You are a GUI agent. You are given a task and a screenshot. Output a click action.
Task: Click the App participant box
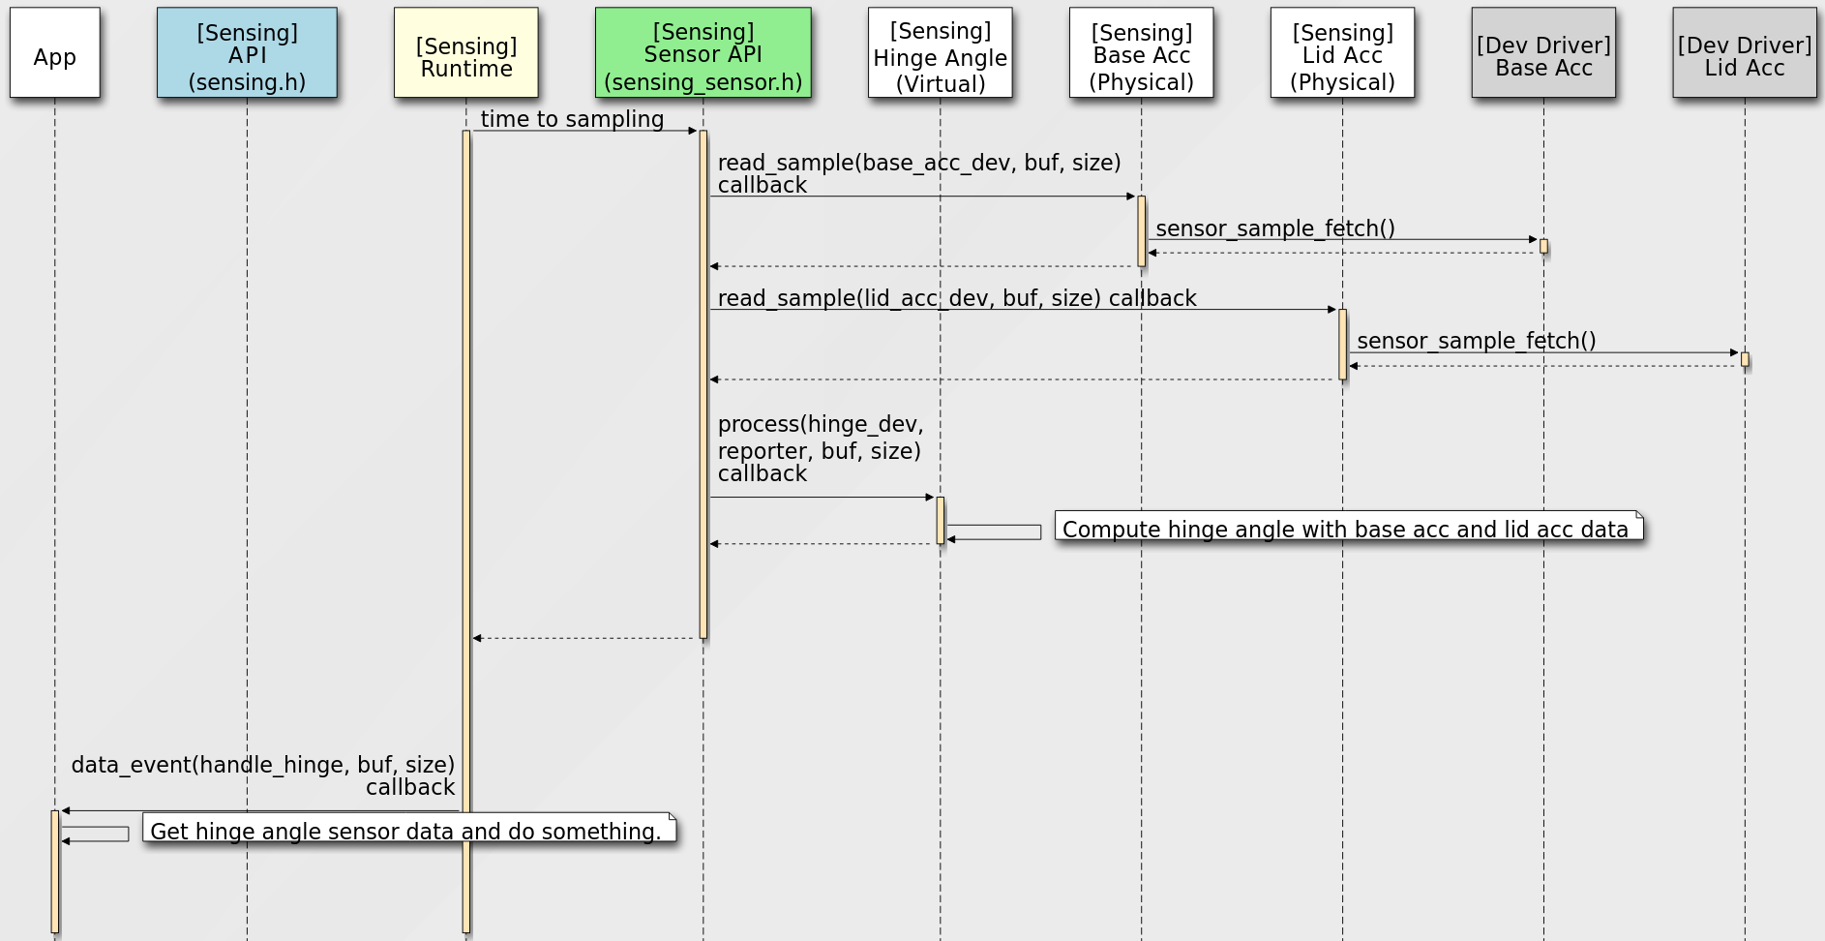(55, 53)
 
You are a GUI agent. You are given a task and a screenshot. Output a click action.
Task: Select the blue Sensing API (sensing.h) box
(247, 53)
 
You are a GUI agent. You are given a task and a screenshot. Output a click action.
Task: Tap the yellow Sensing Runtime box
(465, 53)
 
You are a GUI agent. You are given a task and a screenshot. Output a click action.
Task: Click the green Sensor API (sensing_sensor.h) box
(703, 53)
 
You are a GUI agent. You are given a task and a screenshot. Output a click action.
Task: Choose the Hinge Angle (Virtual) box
(940, 53)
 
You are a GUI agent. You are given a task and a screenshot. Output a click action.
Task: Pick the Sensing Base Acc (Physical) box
(1141, 53)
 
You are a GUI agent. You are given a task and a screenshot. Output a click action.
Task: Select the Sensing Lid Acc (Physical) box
(1342, 53)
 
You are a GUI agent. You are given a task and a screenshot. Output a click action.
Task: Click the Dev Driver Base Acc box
(1543, 53)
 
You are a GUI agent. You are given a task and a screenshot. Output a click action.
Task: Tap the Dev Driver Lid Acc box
(1744, 53)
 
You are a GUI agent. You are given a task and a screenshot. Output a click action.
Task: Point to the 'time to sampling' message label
(572, 119)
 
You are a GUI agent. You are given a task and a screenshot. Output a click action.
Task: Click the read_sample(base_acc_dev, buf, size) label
(918, 163)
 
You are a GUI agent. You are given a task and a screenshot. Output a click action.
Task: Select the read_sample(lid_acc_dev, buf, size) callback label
(956, 298)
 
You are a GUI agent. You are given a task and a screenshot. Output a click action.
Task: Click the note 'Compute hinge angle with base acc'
(1348, 528)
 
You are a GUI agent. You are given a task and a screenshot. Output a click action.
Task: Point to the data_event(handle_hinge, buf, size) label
(262, 765)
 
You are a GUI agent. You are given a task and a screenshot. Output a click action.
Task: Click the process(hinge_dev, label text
(820, 424)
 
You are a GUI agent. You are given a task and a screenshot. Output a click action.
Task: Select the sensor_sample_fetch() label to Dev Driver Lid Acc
(1476, 341)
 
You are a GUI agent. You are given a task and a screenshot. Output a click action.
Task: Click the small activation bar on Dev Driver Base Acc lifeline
(1543, 246)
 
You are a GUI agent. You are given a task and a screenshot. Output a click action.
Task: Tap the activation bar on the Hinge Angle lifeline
(940, 520)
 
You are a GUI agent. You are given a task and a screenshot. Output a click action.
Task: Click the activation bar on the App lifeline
(55, 871)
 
